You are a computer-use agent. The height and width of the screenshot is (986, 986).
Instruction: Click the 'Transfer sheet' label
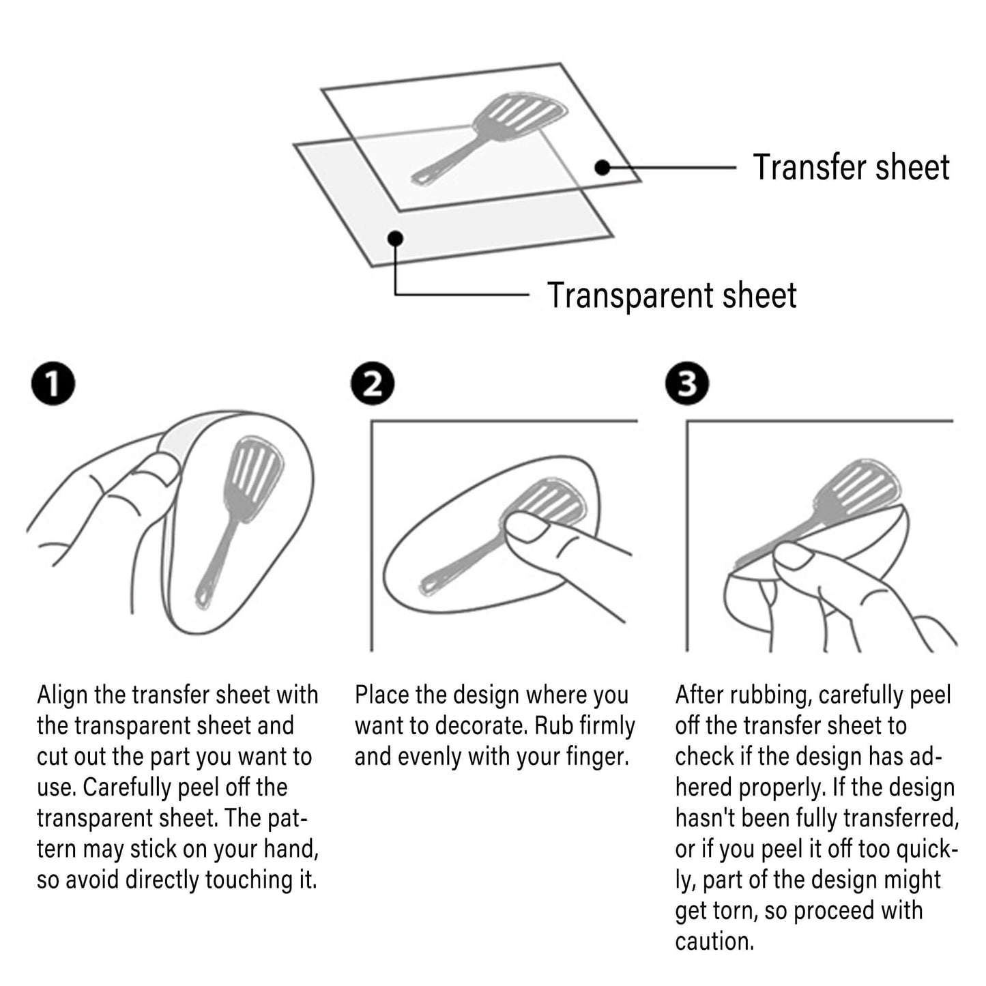click(x=851, y=166)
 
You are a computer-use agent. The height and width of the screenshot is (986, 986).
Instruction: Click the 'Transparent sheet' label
click(x=672, y=295)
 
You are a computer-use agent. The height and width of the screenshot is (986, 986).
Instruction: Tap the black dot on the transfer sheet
click(x=603, y=167)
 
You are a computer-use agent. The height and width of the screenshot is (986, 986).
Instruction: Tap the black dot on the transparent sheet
click(x=396, y=238)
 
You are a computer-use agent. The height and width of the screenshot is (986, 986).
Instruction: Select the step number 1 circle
click(x=53, y=383)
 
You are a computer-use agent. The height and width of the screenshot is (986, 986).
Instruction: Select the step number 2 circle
click(x=373, y=383)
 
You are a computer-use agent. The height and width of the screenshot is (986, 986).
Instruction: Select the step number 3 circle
click(x=687, y=383)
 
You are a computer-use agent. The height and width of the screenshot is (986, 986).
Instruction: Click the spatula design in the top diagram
click(x=489, y=138)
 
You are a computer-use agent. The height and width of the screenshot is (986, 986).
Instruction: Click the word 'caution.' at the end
click(x=714, y=942)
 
